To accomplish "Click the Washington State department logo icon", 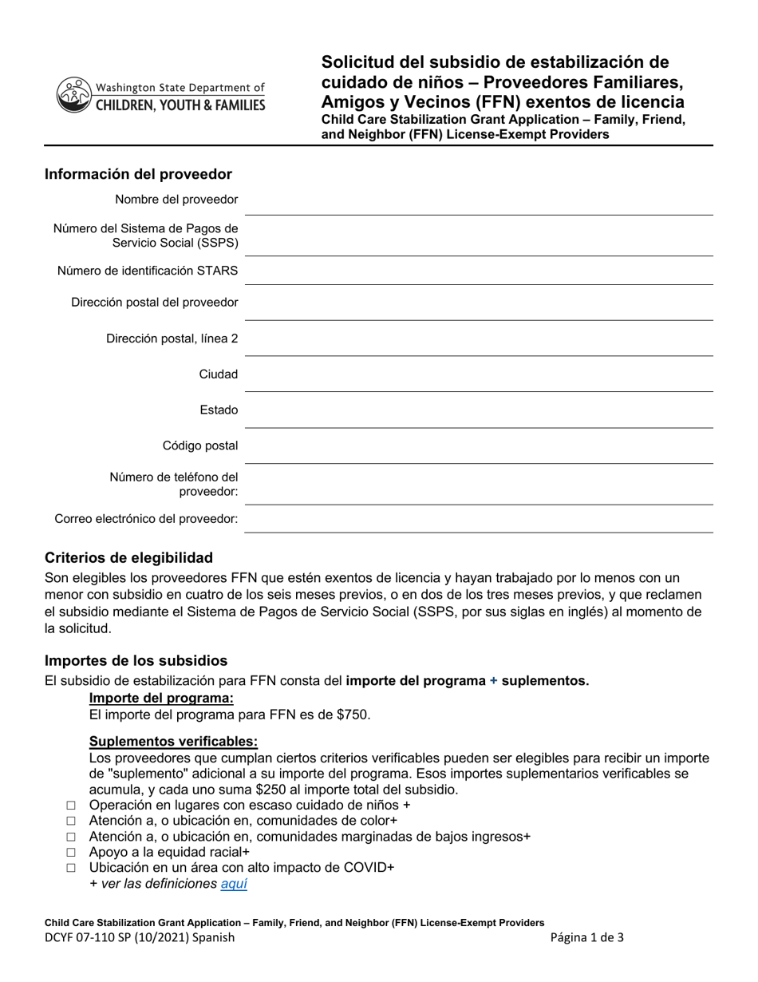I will pyautogui.click(x=73, y=95).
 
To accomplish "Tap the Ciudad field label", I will pyautogui.click(x=219, y=374).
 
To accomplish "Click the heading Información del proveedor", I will pyautogui.click(x=138, y=174).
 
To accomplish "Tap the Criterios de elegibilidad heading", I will pyautogui.click(x=128, y=557).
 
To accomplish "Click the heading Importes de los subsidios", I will pyautogui.click(x=136, y=660).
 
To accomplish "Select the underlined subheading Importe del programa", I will pyautogui.click(x=161, y=698).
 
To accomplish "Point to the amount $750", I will pyautogui.click(x=354, y=715).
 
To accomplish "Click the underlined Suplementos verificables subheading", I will pyautogui.click(x=173, y=741).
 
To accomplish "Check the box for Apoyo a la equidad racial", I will pyautogui.click(x=71, y=853).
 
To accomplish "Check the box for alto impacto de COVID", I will pyautogui.click(x=71, y=868).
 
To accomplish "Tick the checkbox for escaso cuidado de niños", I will pyautogui.click(x=71, y=806).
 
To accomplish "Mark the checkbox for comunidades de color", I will pyautogui.click(x=71, y=821).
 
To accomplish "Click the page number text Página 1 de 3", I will pyautogui.click(x=587, y=938).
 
